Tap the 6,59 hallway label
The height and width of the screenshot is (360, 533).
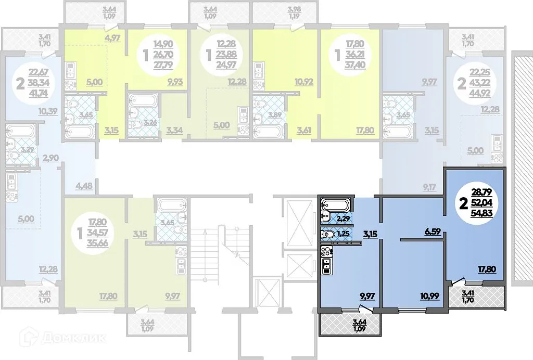pos(433,232)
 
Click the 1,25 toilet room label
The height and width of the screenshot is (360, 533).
pos(342,234)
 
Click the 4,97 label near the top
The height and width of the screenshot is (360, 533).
pos(113,37)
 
